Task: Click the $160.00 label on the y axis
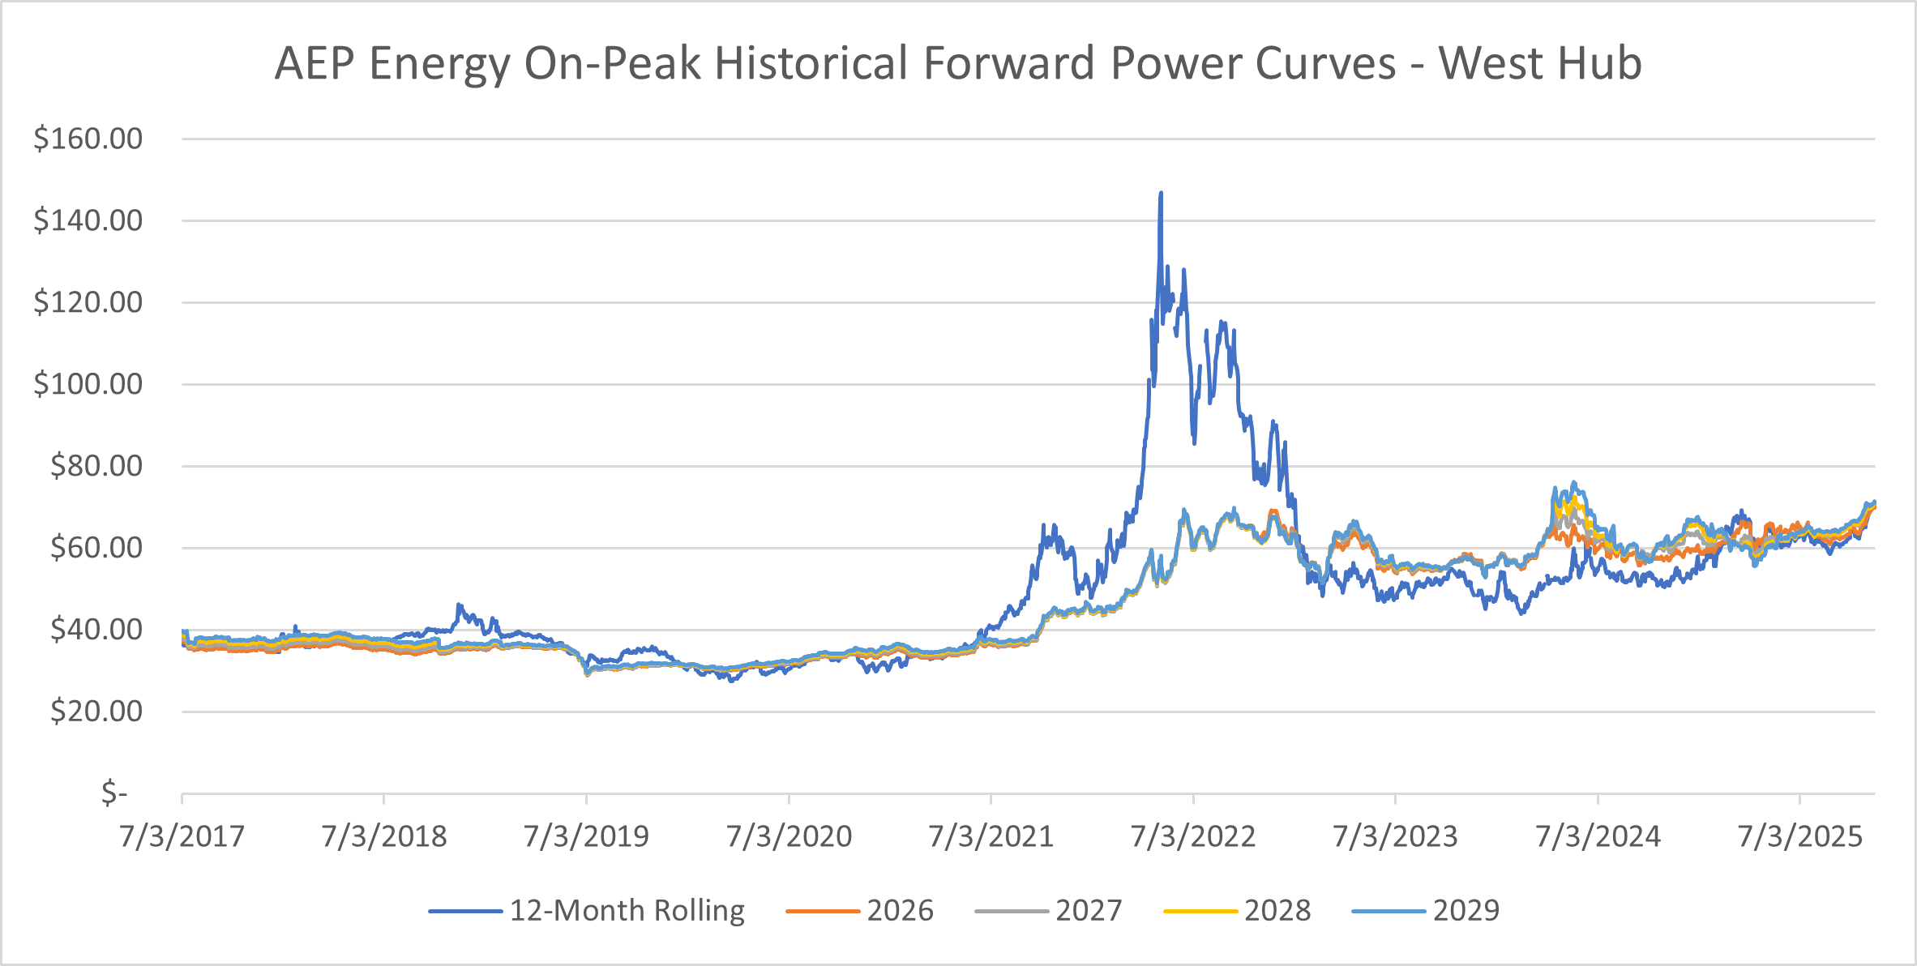click(x=88, y=139)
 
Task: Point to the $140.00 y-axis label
click(x=88, y=220)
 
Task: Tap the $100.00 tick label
click(x=88, y=384)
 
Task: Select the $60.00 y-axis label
click(x=96, y=548)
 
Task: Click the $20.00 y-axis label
click(x=96, y=712)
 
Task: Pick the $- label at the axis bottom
click(x=114, y=793)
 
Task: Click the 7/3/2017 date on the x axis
click(x=182, y=836)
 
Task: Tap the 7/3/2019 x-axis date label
click(x=586, y=836)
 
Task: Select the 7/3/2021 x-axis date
click(x=991, y=836)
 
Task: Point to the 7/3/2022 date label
click(x=1193, y=836)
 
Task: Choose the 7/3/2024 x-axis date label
click(x=1598, y=836)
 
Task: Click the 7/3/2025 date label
click(x=1800, y=836)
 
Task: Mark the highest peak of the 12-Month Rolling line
click(x=1161, y=194)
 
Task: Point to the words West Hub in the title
click(x=1540, y=63)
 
